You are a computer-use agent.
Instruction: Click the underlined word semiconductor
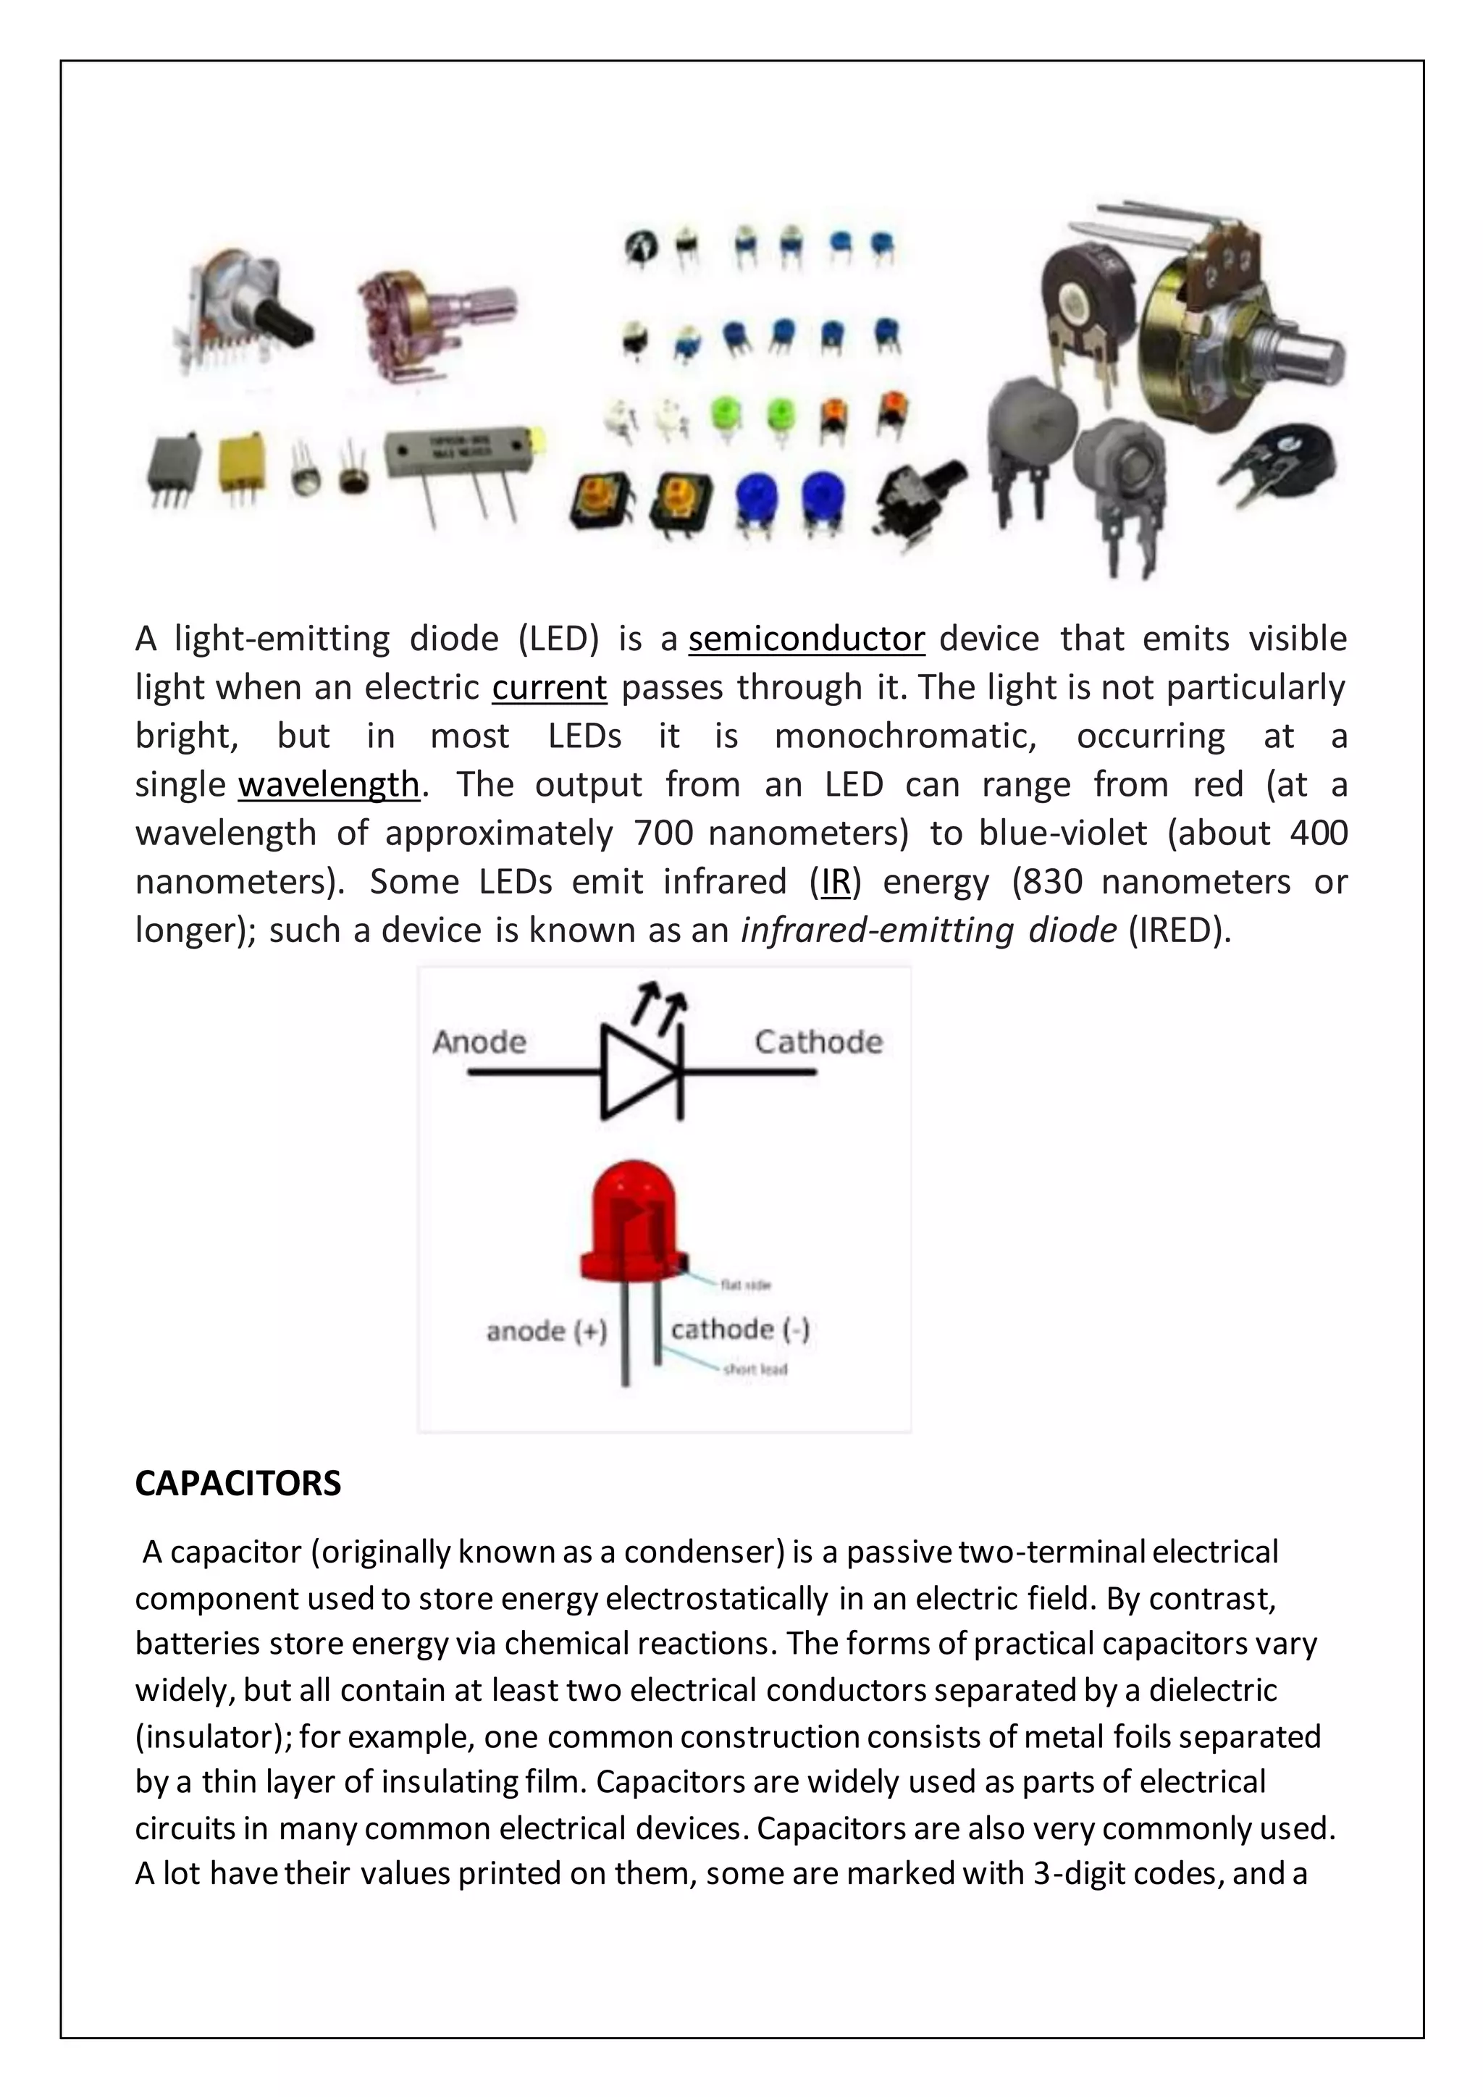(x=807, y=639)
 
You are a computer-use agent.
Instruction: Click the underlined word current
(x=549, y=688)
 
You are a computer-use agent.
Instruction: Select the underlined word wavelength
(x=329, y=784)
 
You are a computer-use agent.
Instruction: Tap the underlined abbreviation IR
(x=836, y=882)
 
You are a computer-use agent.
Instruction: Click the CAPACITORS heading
(x=238, y=1483)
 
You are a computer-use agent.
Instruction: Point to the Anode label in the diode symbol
(x=479, y=1042)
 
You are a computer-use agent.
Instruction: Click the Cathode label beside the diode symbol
(x=818, y=1042)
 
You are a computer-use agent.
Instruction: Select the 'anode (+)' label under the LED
(x=546, y=1331)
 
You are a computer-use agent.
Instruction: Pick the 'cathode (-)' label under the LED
(x=739, y=1329)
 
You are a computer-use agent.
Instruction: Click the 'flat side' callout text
(x=746, y=1285)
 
